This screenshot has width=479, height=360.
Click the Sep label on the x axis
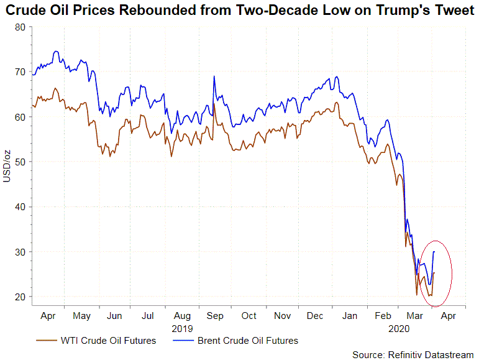click(x=214, y=316)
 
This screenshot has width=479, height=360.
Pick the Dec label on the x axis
click(x=315, y=316)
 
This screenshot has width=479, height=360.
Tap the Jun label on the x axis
click(x=114, y=316)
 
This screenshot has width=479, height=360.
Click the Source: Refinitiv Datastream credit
click(x=413, y=354)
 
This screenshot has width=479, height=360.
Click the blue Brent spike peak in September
click(x=214, y=76)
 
